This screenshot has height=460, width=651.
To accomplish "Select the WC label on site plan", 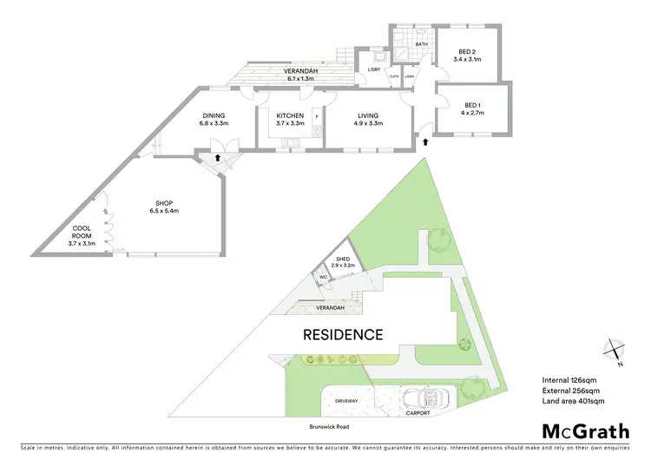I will (x=323, y=278).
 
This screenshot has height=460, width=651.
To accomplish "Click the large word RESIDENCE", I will (x=343, y=333).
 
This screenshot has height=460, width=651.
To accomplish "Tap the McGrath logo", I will (x=586, y=431).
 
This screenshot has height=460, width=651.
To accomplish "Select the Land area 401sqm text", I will (x=577, y=401).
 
